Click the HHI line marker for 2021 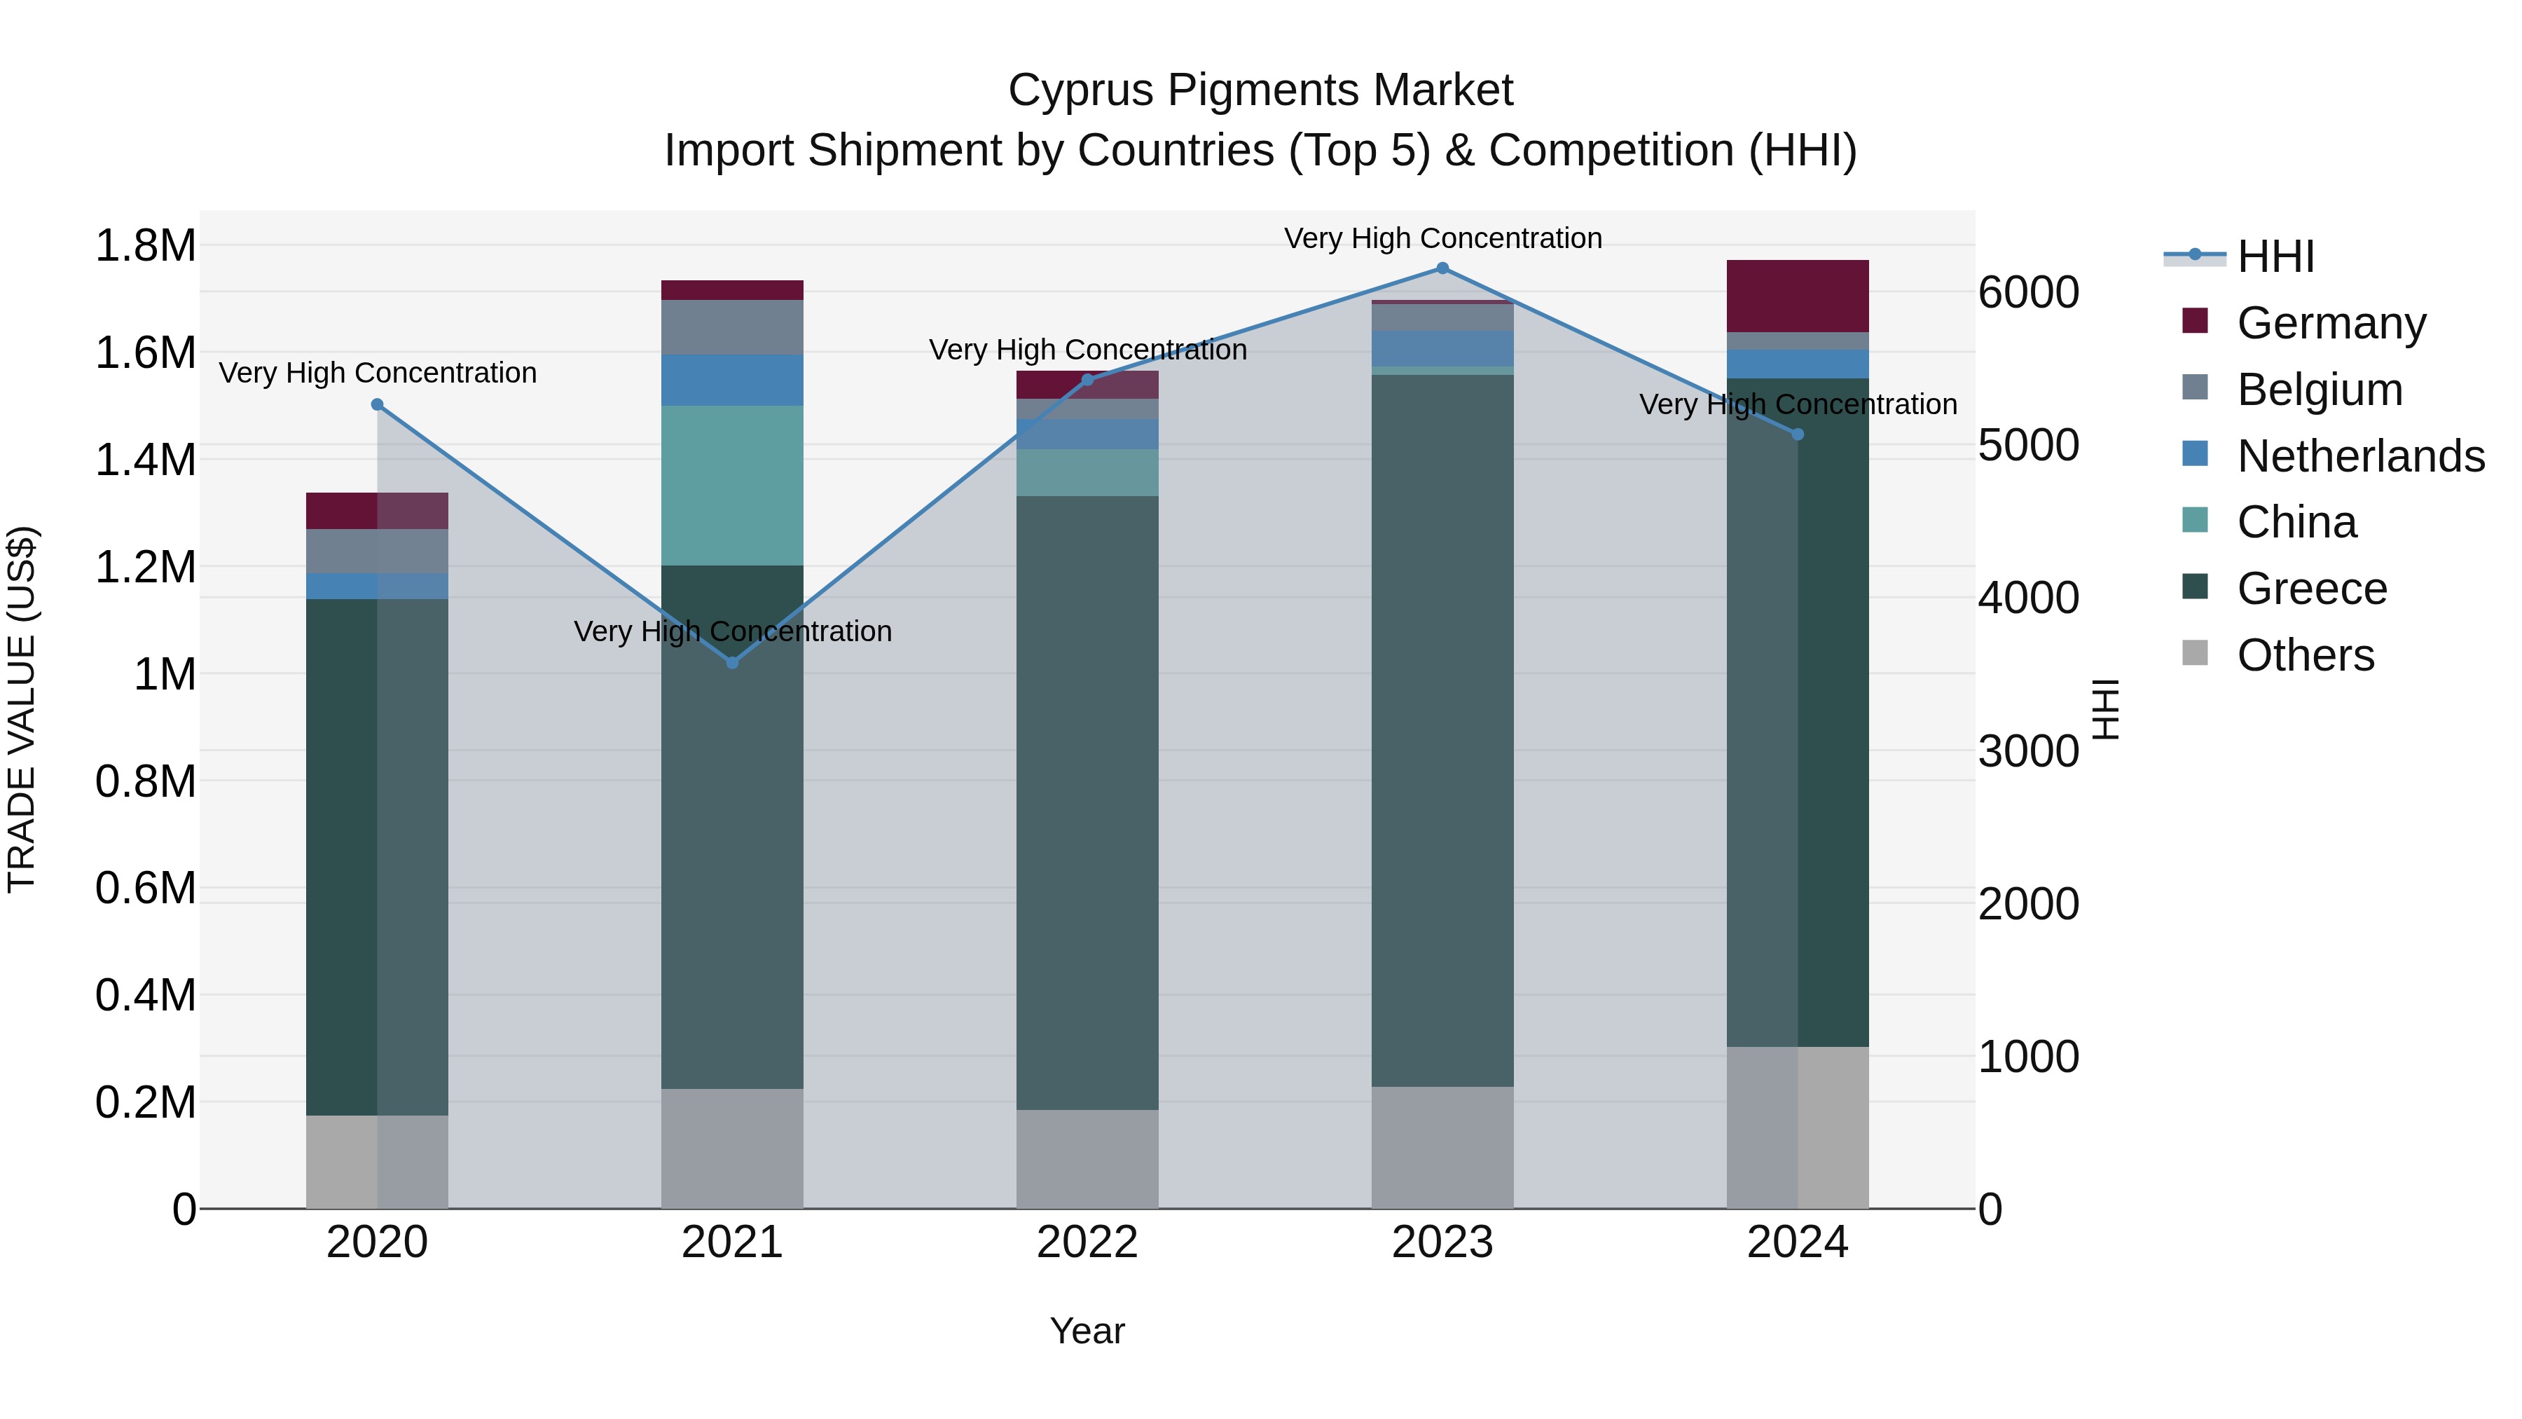732,663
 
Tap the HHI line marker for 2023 1442,268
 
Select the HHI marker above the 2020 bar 377,404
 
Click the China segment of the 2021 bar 732,486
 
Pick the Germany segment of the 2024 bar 1798,296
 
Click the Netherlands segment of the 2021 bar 732,380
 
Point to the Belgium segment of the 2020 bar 377,551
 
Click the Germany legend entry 2331,323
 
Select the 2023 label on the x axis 1442,1242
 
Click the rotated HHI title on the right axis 2105,709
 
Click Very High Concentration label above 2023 1442,238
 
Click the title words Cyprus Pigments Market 1260,90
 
